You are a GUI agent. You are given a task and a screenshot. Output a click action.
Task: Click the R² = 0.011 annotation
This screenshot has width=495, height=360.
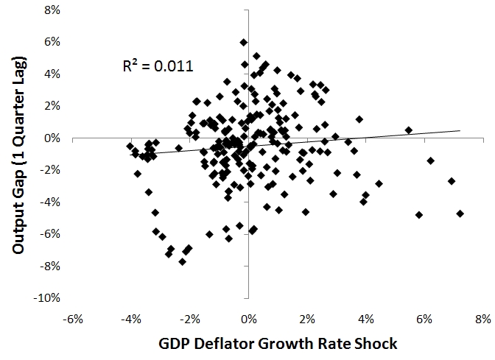click(158, 66)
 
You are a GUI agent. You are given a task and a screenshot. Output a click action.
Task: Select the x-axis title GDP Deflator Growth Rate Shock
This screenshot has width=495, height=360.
click(277, 344)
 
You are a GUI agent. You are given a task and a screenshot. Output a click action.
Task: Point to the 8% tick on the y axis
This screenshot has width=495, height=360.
click(54, 10)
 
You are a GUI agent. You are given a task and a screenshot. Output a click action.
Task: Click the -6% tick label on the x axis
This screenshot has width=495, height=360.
click(73, 319)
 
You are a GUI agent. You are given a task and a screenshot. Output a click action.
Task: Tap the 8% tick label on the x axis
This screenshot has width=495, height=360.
click(482, 319)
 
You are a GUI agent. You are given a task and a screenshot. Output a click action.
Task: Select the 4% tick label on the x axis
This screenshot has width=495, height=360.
click(365, 319)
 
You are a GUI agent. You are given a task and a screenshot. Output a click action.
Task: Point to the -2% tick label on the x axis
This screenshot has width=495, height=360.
click(190, 319)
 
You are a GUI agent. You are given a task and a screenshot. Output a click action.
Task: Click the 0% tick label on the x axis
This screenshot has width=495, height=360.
click(248, 319)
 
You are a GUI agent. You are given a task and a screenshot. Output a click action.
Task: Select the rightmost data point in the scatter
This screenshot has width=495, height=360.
click(460, 213)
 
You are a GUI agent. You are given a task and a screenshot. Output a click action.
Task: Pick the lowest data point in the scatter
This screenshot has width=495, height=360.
click(182, 261)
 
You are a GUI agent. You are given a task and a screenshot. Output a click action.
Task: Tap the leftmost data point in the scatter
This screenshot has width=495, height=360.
click(130, 146)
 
